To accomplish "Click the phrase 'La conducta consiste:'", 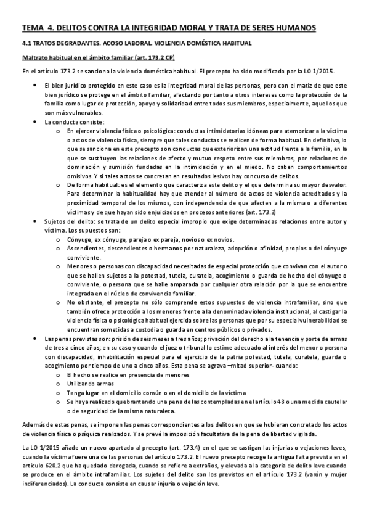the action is pos(70,122).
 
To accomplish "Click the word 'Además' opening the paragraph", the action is pos(32,425).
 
